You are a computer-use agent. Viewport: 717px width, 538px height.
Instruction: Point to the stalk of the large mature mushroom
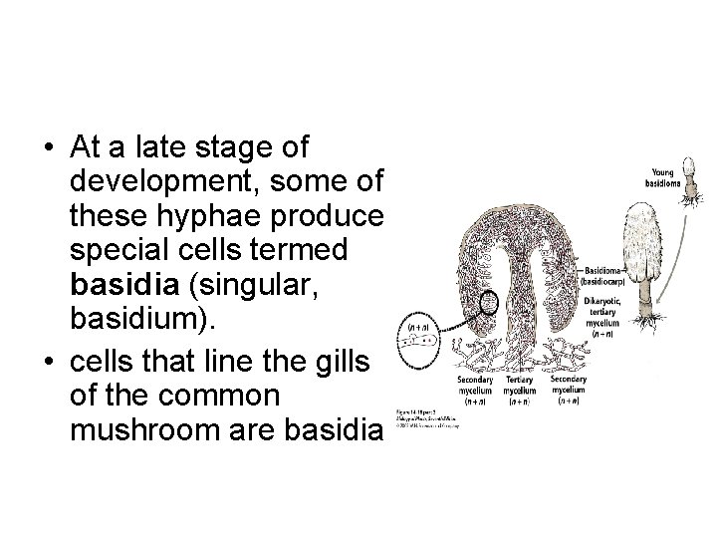click(646, 291)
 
